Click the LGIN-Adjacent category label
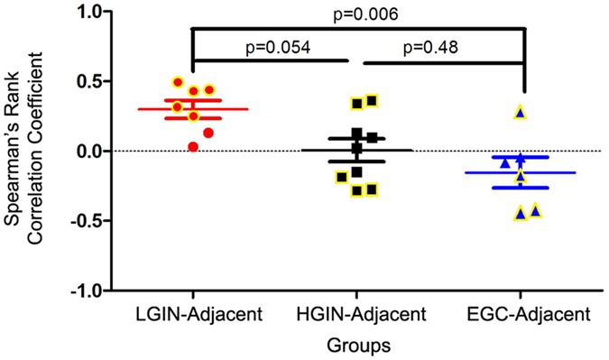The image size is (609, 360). [192, 315]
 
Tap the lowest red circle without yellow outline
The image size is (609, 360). [192, 146]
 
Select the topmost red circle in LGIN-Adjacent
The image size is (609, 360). [178, 82]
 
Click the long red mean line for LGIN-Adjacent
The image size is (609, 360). [192, 109]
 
